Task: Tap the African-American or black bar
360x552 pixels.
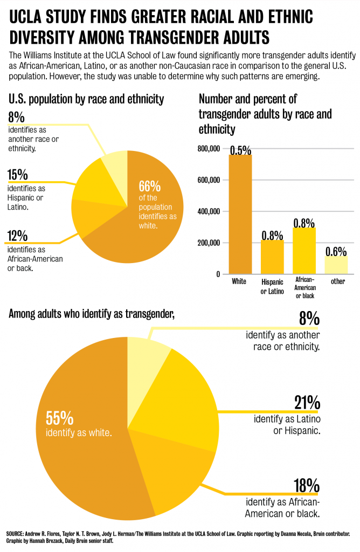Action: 304,250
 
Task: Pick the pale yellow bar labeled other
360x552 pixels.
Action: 337,265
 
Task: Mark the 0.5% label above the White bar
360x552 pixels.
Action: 240,150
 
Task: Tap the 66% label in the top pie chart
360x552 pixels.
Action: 150,187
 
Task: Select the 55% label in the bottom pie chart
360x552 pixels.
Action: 59,418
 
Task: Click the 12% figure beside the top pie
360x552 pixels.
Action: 18,236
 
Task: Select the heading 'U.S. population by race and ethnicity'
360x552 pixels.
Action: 86,99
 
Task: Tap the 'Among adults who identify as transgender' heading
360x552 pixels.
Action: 92,315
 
